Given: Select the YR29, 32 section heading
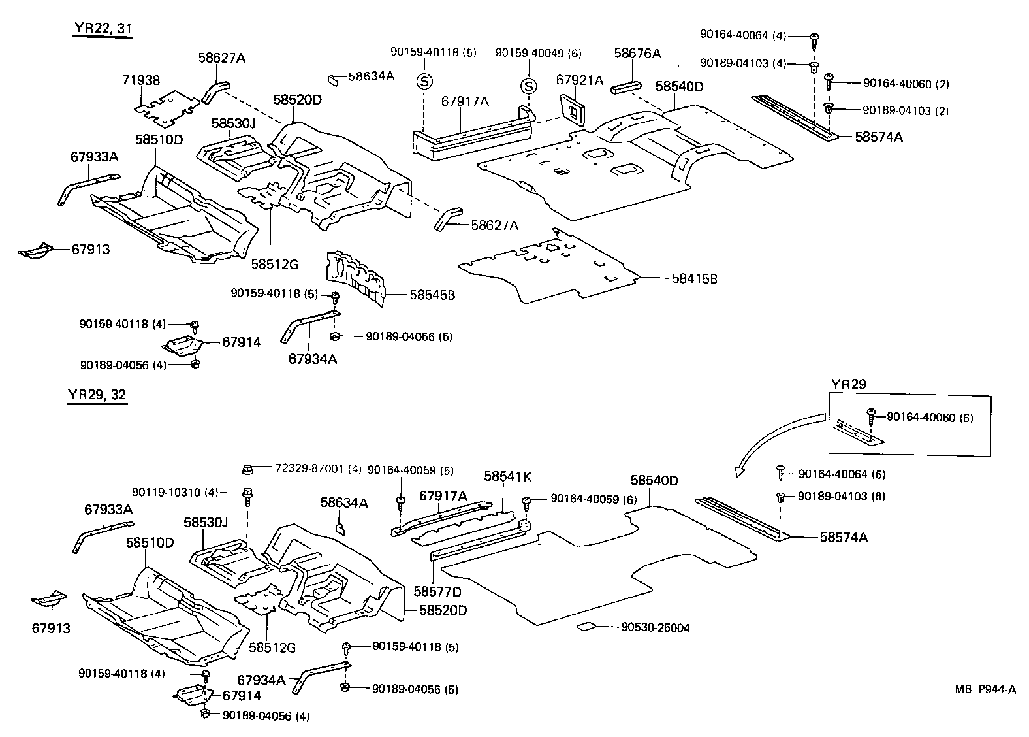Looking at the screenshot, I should click(97, 395).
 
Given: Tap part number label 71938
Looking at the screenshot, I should click(141, 80).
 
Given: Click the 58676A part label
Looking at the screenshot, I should click(637, 54).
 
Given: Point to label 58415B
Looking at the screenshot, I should click(694, 279).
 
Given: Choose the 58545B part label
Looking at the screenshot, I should click(432, 295).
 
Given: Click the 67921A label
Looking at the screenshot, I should click(579, 80).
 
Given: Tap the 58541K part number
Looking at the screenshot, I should click(507, 476).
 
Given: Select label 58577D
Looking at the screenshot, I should click(437, 592).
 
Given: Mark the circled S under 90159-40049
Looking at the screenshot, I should click(528, 86).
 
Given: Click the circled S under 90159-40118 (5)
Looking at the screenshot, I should click(424, 82).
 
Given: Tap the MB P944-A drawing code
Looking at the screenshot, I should click(985, 689).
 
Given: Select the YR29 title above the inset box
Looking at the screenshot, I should click(848, 384).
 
